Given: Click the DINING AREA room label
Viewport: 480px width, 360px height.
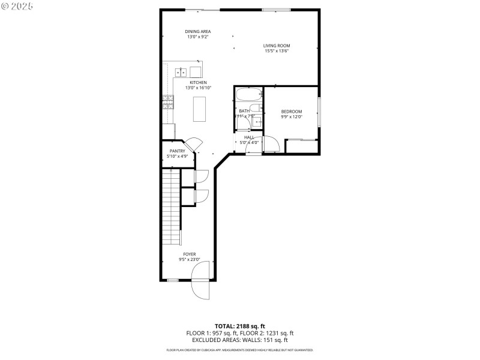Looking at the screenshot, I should pos(197,31).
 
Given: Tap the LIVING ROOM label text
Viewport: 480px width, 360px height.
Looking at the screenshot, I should pos(277,46).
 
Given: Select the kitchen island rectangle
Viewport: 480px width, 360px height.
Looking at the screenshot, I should pos(199,109).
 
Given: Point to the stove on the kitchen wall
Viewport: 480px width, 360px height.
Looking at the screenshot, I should pos(167,103).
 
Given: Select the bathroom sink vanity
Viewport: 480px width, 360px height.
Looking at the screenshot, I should pos(258,121).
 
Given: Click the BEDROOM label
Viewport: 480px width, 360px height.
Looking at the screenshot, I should pos(292,112).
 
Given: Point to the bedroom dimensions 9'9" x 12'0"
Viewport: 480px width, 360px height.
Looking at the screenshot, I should pos(292,117).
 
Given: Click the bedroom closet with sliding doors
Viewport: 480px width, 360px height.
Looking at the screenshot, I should pos(302,146).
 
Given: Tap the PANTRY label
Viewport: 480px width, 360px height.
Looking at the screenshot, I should pos(177,151).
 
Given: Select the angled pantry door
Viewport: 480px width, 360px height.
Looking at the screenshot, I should pos(194,145).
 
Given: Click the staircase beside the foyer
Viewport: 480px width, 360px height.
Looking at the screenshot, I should pos(171,207).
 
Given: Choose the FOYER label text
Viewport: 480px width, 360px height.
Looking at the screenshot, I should pos(189,254).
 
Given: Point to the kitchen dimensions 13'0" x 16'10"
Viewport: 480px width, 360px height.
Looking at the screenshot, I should pos(198,88).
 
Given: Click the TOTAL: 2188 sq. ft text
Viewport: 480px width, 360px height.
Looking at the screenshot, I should pos(240,326).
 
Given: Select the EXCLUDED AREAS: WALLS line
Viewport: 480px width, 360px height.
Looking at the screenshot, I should pos(240,340).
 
